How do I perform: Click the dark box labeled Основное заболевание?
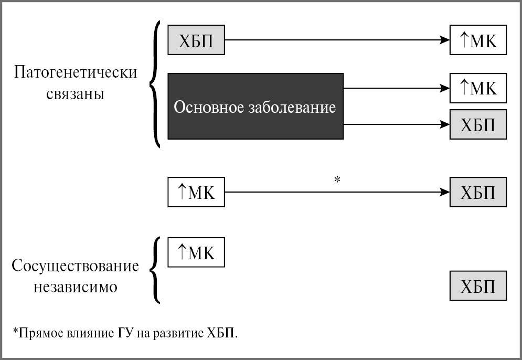[x=255, y=107]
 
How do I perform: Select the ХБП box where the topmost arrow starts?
[x=196, y=40]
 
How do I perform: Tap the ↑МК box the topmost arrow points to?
[x=478, y=40]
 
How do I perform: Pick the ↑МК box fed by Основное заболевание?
[x=478, y=88]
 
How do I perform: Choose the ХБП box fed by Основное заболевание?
[x=478, y=124]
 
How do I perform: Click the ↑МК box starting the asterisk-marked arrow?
[x=196, y=192]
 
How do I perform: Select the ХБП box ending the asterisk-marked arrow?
[x=478, y=192]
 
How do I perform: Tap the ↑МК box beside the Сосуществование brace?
[x=196, y=252]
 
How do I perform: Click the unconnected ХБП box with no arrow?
[x=478, y=286]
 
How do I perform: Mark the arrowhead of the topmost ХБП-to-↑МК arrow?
[x=445, y=40]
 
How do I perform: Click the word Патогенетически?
[x=76, y=72]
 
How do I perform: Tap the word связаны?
[x=76, y=94]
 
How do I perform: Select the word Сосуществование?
[x=76, y=266]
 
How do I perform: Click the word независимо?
[x=76, y=287]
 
